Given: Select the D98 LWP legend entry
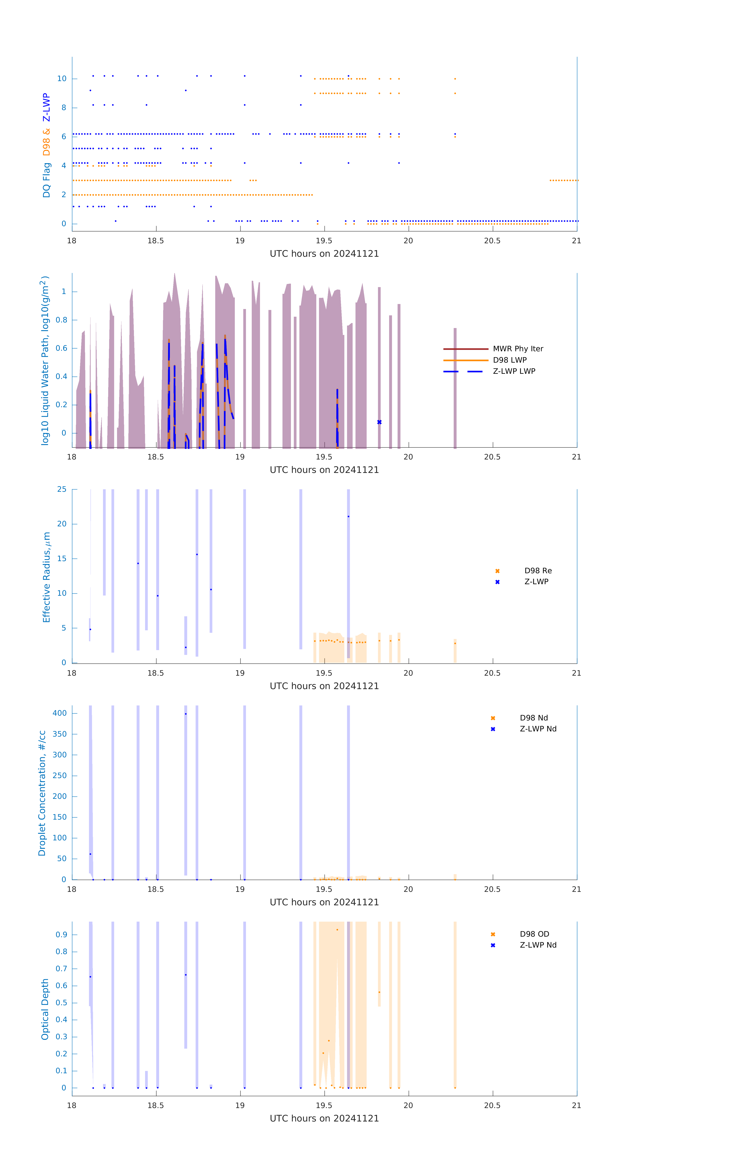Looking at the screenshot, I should point(509,360).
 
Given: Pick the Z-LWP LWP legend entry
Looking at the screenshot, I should point(514,371).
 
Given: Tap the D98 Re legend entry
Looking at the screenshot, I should point(538,571).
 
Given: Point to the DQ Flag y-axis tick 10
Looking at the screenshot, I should point(62,79).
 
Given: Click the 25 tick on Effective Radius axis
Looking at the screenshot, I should point(62,489).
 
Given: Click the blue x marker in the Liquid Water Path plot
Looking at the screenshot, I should point(379,422).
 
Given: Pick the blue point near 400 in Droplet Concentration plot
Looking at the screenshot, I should point(186,714).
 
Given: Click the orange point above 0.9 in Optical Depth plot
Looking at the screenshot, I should point(337,930).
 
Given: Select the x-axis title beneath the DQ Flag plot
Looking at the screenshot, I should point(324,254).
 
